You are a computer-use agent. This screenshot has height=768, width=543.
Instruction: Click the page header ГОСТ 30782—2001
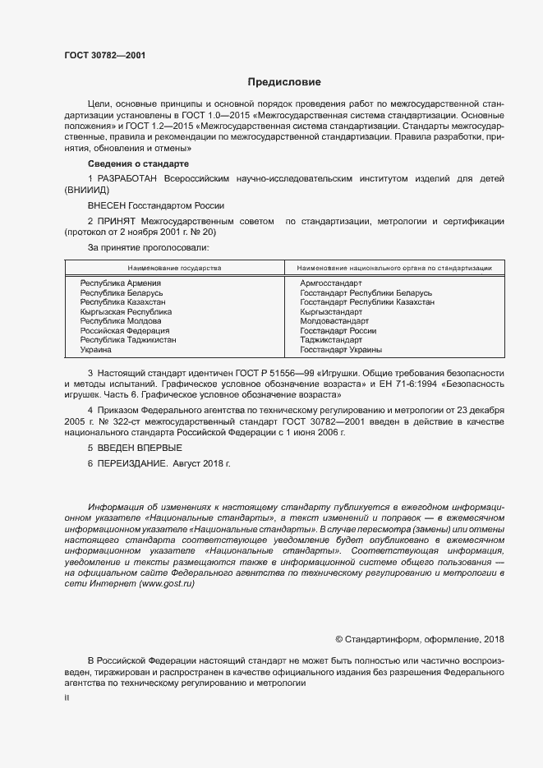tap(104, 56)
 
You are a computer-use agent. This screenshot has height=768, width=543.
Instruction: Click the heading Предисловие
tap(284, 82)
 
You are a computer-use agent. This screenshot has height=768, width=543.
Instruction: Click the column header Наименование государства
tap(174, 268)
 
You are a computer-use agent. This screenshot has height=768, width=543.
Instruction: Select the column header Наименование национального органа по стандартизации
tap(394, 268)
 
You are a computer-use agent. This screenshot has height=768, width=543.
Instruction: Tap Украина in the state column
tap(95, 350)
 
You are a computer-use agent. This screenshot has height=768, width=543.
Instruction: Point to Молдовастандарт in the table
tap(334, 321)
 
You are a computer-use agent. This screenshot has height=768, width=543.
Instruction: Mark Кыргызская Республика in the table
tap(126, 312)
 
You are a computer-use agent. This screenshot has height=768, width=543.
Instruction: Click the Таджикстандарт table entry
tap(331, 340)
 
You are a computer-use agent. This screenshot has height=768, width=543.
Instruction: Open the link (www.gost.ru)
tap(168, 583)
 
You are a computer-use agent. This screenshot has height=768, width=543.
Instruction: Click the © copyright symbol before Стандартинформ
tap(339, 639)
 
